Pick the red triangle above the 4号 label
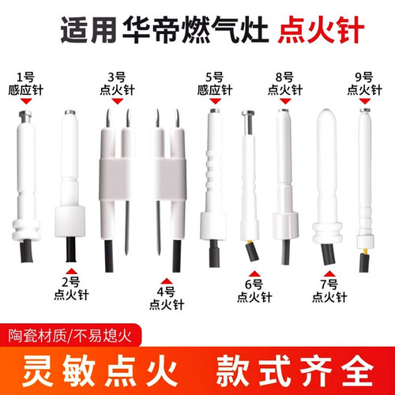point(166,279)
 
